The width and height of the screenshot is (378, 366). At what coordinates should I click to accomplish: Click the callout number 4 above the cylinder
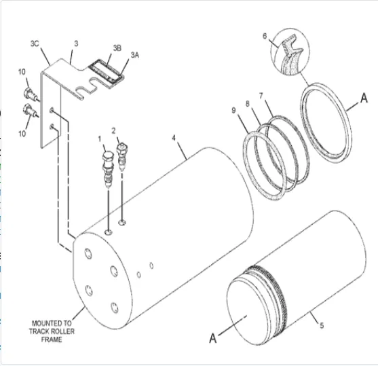click(x=174, y=138)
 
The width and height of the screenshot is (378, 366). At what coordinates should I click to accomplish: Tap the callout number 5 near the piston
click(x=322, y=326)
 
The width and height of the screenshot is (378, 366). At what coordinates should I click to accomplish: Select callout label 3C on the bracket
click(x=35, y=43)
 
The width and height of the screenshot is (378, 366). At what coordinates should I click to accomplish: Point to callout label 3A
click(x=135, y=55)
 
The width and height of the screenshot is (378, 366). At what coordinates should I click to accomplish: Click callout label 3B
click(x=117, y=48)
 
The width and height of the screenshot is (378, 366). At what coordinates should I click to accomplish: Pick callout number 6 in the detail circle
click(x=265, y=36)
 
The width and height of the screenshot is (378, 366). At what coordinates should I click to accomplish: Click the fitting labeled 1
click(x=108, y=169)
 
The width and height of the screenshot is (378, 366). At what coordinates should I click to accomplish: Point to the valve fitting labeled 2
click(x=122, y=157)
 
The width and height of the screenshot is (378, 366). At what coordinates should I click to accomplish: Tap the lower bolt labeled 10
click(x=30, y=111)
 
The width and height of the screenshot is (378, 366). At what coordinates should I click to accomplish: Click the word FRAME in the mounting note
click(x=52, y=340)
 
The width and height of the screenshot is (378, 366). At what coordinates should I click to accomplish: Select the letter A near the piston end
click(x=213, y=338)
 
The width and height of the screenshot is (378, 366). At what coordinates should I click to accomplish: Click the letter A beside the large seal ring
click(x=364, y=98)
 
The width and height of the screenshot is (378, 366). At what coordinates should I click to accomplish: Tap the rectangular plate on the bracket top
click(x=106, y=73)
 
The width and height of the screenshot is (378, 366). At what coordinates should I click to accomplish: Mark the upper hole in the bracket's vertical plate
click(x=52, y=111)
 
